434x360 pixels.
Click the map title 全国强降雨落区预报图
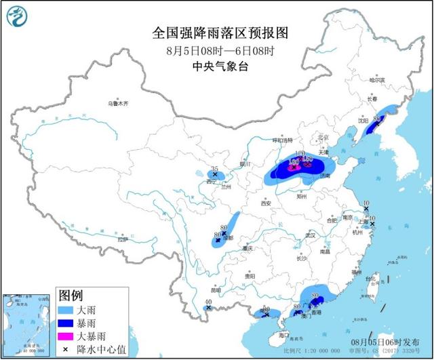pyautogui.click(x=217, y=33)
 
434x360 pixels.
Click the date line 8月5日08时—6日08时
pyautogui.click(x=216, y=50)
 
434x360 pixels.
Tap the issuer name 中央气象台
pyautogui.click(x=217, y=66)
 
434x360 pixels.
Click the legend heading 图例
pyautogui.click(x=71, y=295)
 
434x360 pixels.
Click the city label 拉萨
pyautogui.click(x=121, y=239)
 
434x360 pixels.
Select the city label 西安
pyautogui.click(x=265, y=203)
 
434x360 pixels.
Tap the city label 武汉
pyautogui.click(x=311, y=235)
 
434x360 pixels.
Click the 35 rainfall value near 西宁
pyautogui.click(x=214, y=168)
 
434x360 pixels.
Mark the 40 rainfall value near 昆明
pyautogui.click(x=208, y=302)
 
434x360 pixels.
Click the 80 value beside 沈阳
pyautogui.click(x=376, y=119)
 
